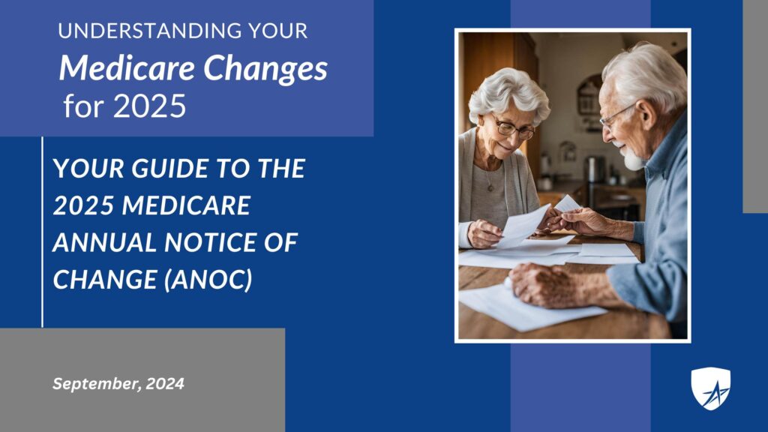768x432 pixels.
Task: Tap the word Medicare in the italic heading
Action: coord(127,67)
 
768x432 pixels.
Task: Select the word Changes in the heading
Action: coord(265,70)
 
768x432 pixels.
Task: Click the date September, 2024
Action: coord(118,383)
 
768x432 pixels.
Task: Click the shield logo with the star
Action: coord(711,388)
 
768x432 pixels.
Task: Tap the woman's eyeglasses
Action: coord(513,128)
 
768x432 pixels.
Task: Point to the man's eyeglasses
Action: coord(615,116)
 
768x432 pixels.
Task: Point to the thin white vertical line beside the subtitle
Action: coord(43,232)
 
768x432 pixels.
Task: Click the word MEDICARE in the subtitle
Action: coord(186,205)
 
